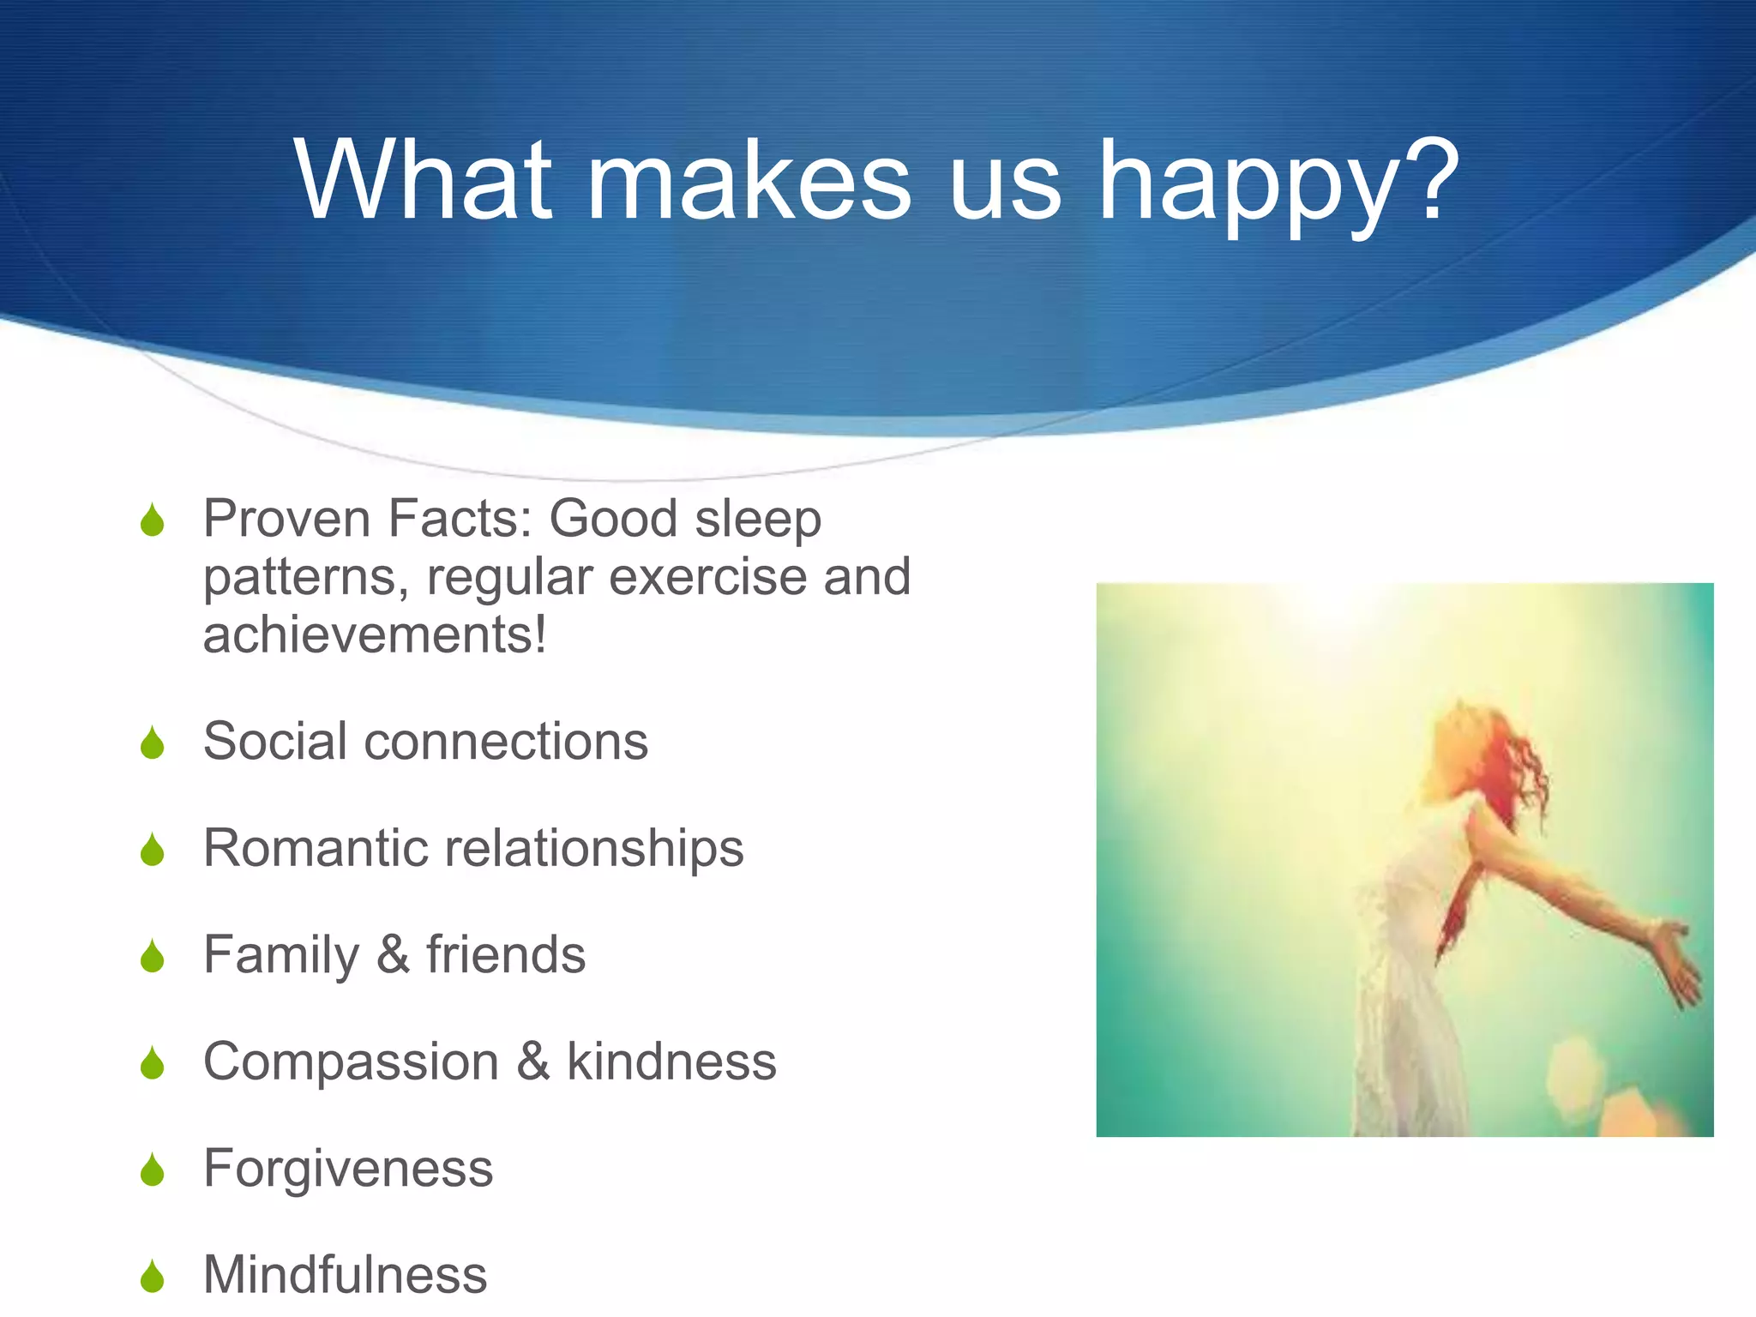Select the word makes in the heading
click(749, 180)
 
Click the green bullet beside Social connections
click(153, 743)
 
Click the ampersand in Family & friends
click(394, 955)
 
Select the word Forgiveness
click(348, 1169)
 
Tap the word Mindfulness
click(345, 1275)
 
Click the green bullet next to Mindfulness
click(153, 1277)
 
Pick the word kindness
click(671, 1061)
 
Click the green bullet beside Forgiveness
click(153, 1170)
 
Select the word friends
click(506, 955)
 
